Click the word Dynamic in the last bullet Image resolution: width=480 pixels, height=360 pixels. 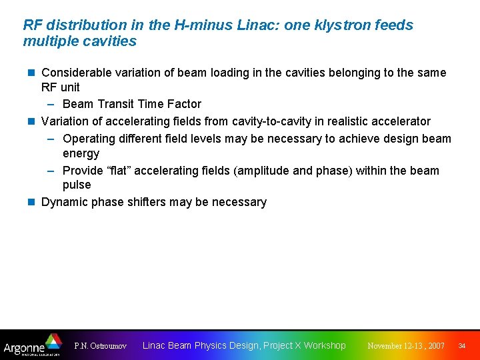(x=64, y=202)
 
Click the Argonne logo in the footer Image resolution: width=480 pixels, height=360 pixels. (x=32, y=345)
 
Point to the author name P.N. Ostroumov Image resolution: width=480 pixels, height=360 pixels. (x=100, y=346)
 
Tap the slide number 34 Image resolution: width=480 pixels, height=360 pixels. (x=461, y=346)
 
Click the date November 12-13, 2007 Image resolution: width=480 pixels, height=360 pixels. (x=406, y=346)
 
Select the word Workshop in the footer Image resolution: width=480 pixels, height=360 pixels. (x=325, y=345)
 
